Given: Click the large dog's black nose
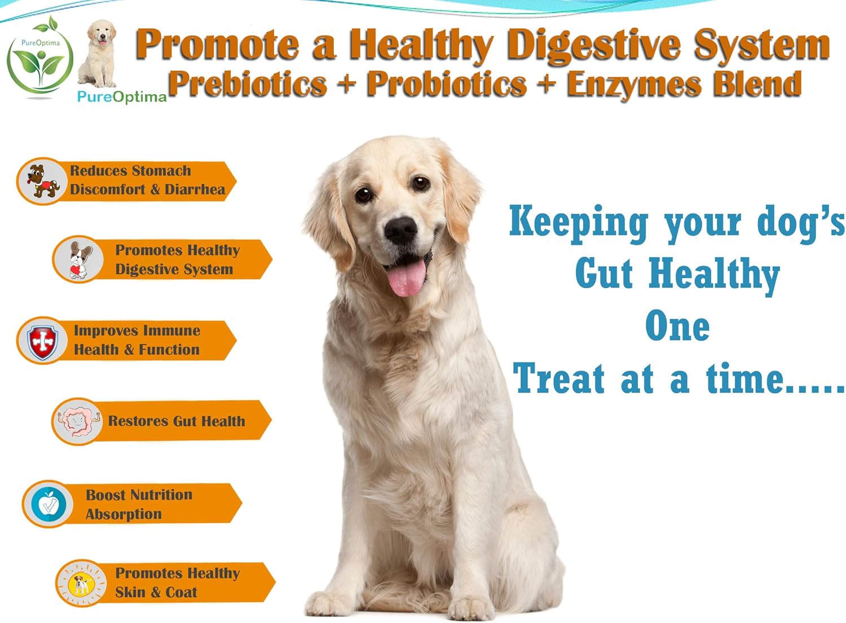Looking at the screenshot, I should (401, 229).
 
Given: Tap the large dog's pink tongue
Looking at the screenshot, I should (406, 277).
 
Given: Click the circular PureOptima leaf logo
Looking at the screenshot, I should (39, 59).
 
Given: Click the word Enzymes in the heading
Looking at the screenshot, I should (633, 84).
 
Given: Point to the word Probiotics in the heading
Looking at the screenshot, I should (446, 84).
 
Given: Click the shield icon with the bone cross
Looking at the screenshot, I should (42, 341).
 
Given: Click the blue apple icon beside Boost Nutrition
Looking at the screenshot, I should (49, 504).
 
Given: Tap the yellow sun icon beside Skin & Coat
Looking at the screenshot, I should (82, 584).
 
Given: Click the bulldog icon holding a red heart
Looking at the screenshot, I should (78, 260).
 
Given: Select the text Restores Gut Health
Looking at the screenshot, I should (177, 421).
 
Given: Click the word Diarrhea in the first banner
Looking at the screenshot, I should (195, 189).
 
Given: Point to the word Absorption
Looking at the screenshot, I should (124, 514).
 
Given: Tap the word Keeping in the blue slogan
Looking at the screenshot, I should (579, 222).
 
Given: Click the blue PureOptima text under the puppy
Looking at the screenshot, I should (122, 97).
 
